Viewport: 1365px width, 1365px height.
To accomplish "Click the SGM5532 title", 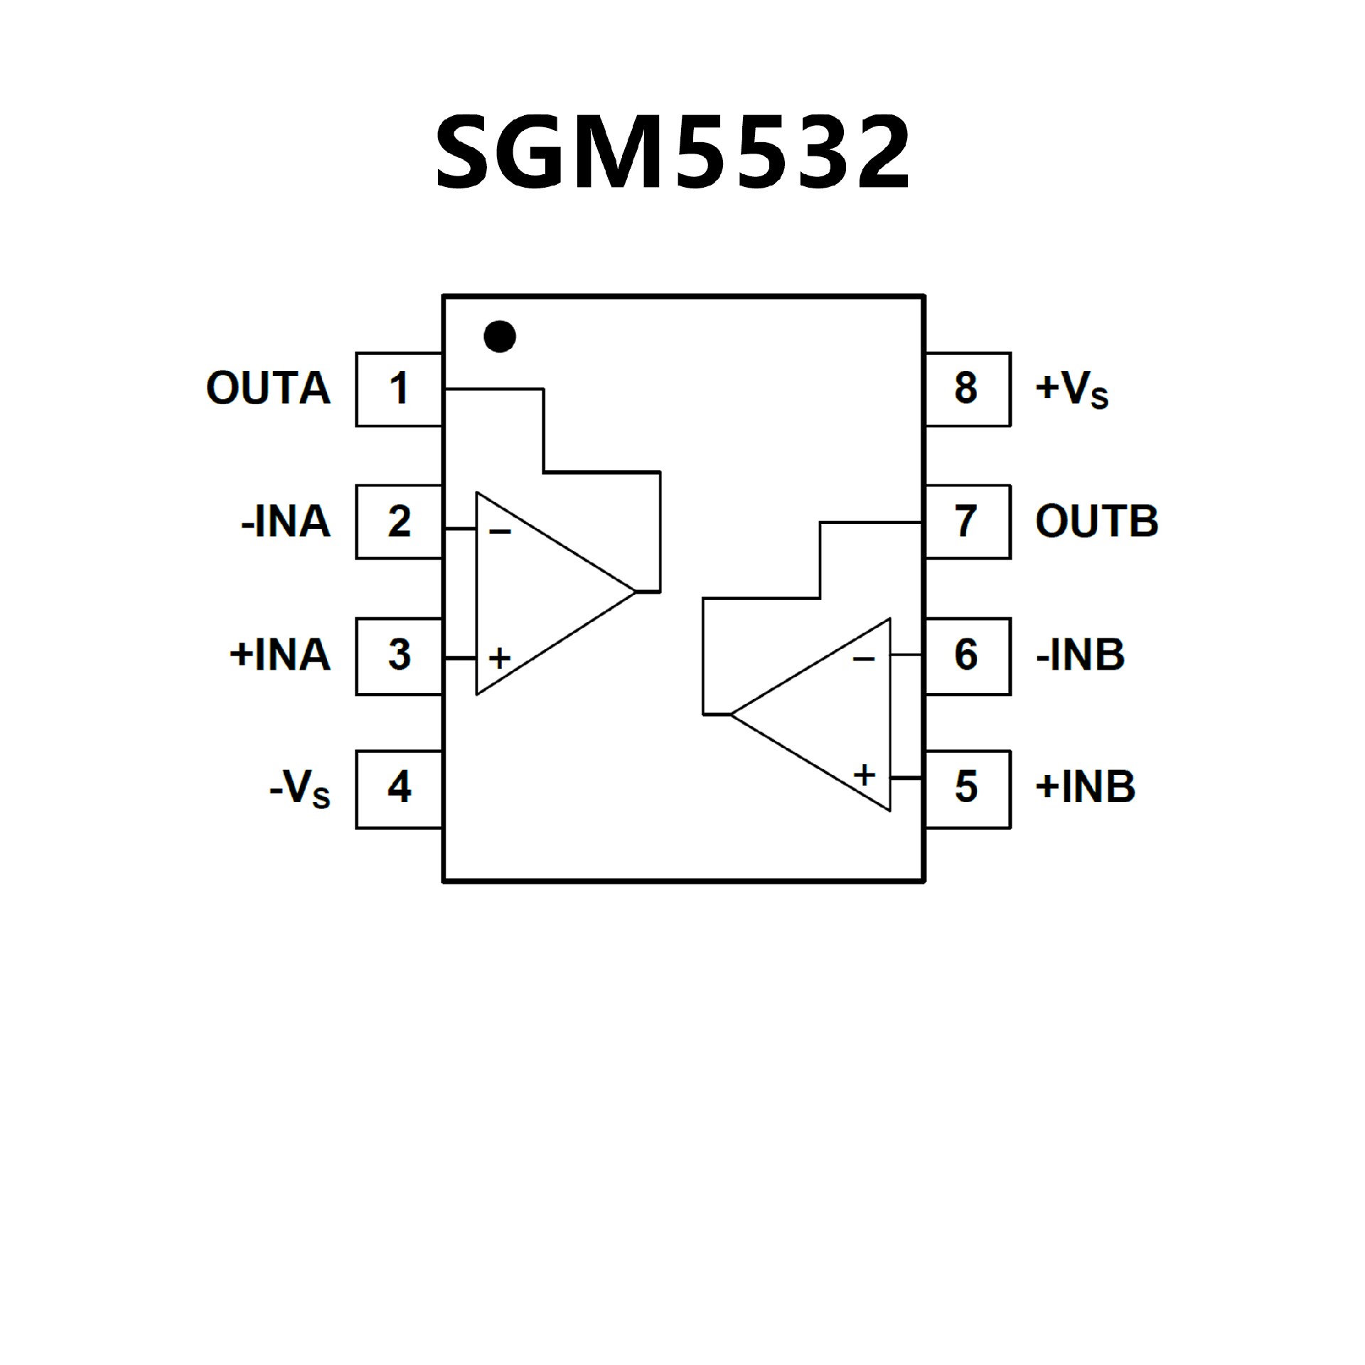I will point(673,153).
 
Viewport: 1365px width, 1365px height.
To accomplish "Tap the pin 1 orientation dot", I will point(499,336).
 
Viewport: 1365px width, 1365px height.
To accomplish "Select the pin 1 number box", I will point(399,390).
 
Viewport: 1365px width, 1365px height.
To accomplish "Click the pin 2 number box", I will point(399,522).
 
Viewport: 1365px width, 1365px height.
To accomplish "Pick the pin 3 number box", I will point(399,655).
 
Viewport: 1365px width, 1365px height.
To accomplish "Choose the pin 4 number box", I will point(399,788).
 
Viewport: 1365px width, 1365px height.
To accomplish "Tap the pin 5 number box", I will point(967,788).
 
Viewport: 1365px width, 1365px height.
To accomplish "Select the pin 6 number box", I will point(967,655).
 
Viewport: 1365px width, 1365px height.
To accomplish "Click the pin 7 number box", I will point(967,522).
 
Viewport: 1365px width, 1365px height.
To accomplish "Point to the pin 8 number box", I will point(967,390).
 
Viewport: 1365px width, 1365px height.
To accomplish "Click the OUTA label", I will point(268,389).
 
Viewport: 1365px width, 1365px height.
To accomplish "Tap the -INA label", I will point(286,522).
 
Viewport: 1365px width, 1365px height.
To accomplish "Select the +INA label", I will point(280,655).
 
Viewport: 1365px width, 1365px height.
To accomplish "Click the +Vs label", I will point(1071,390).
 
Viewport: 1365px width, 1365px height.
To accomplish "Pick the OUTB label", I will point(1097,522).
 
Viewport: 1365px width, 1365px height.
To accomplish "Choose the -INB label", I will point(1080,655).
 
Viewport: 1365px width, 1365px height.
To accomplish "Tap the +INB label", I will point(1086,788).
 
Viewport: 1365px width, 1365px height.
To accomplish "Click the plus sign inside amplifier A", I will point(500,658).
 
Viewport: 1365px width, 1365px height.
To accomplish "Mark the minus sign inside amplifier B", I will point(863,660).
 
